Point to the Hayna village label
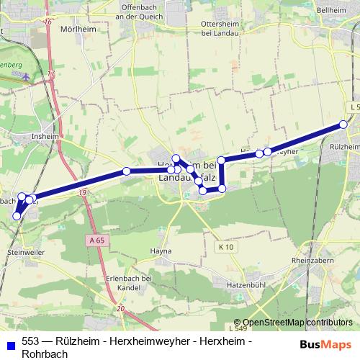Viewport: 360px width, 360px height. pos(161,251)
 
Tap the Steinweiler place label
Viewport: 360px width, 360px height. pos(25,253)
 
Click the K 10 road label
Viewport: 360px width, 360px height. pos(228,247)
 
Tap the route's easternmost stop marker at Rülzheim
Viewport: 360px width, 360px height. pos(343,125)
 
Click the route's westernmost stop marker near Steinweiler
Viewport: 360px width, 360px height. pos(17,215)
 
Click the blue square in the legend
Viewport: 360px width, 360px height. pos(9,341)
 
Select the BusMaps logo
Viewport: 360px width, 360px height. pos(325,343)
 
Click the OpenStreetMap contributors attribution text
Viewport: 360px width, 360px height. pos(297,323)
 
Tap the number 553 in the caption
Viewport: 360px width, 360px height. pos(31,341)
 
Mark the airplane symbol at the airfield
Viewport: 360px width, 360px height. pos(27,75)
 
